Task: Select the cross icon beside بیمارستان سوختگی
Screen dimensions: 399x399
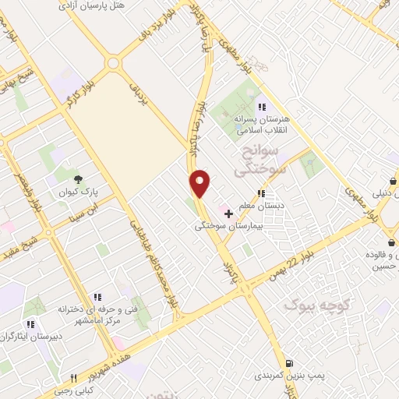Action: click(x=228, y=213)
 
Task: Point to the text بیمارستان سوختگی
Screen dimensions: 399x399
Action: click(x=231, y=225)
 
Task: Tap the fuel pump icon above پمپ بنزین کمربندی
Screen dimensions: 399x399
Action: click(x=289, y=362)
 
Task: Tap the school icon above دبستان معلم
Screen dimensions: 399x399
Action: click(x=262, y=193)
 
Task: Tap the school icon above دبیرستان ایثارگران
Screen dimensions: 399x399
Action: click(x=30, y=323)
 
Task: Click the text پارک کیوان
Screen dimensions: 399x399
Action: click(x=62, y=190)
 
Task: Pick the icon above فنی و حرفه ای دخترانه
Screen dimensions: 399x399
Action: click(x=97, y=297)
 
